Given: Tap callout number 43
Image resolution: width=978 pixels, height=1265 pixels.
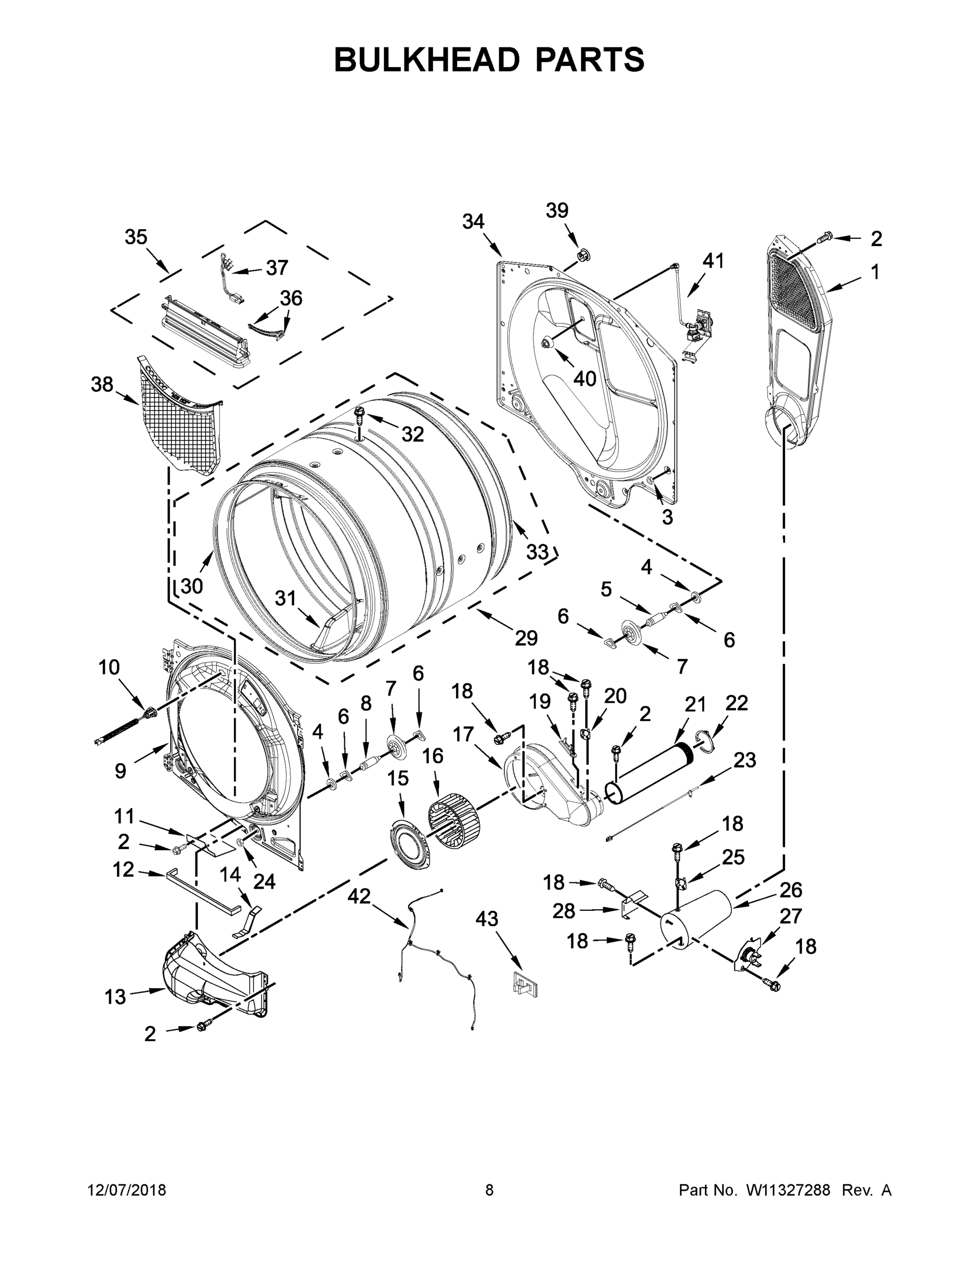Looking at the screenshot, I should [487, 919].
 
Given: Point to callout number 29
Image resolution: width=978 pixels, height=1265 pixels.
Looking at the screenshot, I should [526, 638].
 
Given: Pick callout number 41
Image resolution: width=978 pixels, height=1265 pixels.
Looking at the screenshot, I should [713, 261].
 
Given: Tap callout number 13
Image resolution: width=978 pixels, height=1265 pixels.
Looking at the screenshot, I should [115, 997].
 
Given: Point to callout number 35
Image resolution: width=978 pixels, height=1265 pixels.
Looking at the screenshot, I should [136, 237].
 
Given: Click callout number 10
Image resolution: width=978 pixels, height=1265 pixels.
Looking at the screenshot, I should [109, 667].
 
